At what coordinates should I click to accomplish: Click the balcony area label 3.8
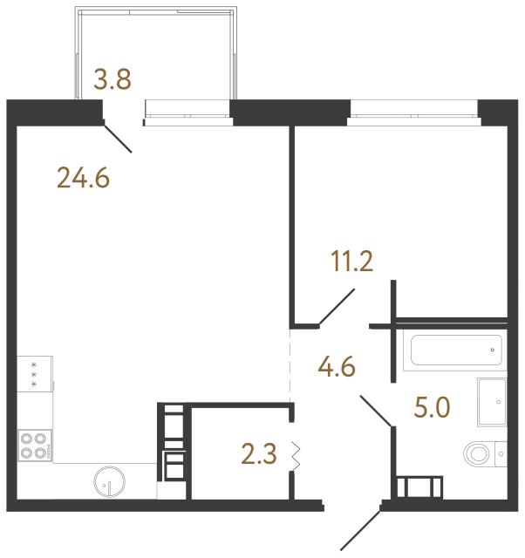coord(112,80)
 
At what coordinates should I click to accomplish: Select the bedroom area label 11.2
coord(351,261)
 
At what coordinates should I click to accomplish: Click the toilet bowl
coord(480,453)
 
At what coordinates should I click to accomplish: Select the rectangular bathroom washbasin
coord(494,403)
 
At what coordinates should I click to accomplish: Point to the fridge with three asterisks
coord(34,373)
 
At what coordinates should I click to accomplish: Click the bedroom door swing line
coord(337,307)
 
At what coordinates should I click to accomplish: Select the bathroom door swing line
coord(376,411)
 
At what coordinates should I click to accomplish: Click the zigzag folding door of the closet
coord(296,455)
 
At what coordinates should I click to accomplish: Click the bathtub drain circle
coord(493,350)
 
